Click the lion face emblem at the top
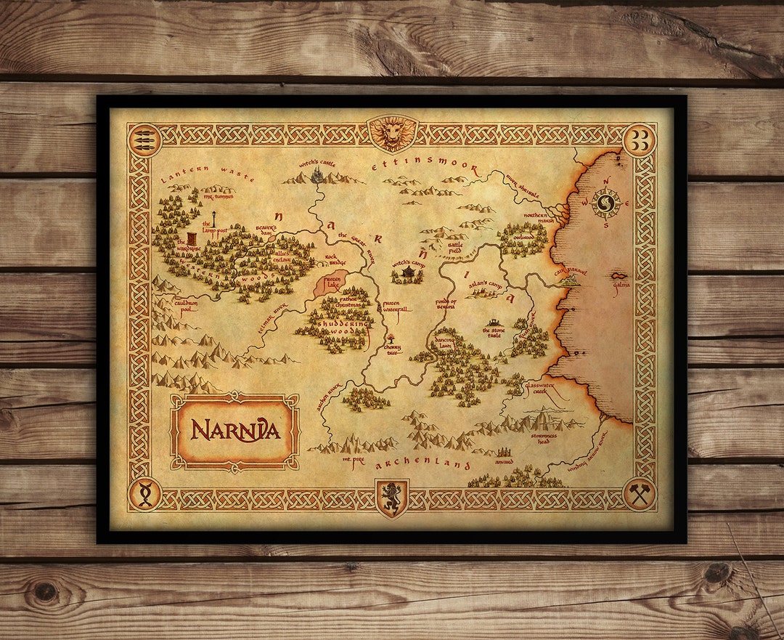392,133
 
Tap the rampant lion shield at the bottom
392,498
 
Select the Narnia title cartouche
234,432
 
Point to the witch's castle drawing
317,174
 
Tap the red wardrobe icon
191,239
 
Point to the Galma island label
621,285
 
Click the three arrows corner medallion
143,135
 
